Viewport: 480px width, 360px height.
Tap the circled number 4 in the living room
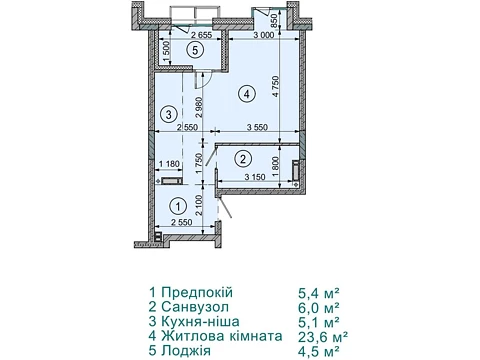point(246,94)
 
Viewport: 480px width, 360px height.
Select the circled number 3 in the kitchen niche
point(169,115)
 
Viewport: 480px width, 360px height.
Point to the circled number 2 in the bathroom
point(243,158)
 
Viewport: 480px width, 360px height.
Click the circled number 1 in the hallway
point(178,207)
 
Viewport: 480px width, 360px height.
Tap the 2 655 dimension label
point(201,35)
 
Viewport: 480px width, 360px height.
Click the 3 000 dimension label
point(263,35)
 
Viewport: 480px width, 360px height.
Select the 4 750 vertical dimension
point(275,87)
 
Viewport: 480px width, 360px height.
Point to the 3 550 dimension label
point(257,127)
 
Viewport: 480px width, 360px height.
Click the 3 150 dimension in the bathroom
point(255,177)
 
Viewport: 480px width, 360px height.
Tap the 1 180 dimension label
point(169,164)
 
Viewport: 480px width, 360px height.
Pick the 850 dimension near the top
point(274,21)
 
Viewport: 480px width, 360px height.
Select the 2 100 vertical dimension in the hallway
point(199,206)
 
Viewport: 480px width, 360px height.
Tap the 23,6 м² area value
point(323,337)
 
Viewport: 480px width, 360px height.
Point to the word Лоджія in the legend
point(186,351)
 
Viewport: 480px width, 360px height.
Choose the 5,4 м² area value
point(319,293)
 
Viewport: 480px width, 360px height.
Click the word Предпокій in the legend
point(197,292)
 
